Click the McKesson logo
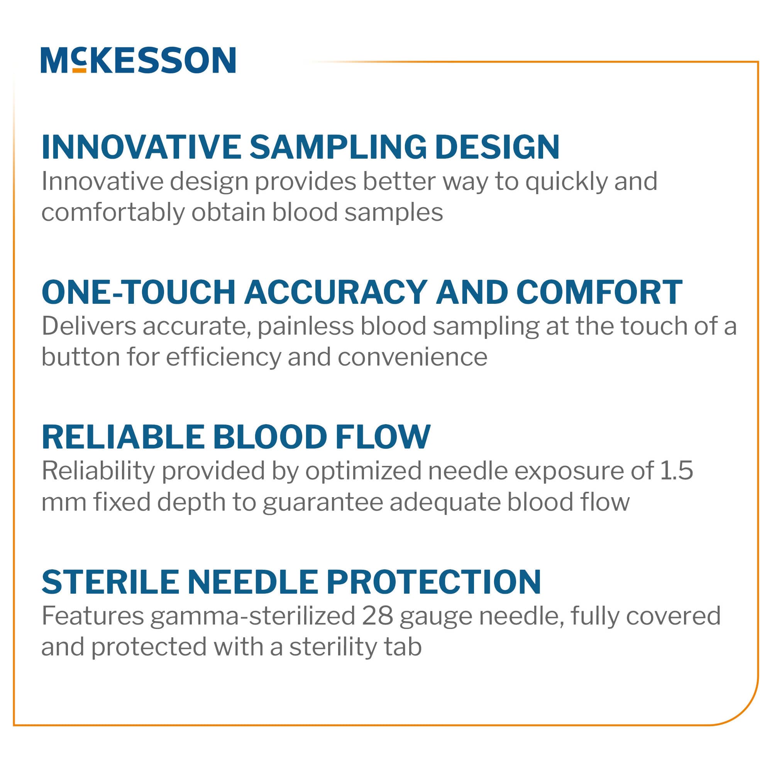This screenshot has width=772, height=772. [138, 60]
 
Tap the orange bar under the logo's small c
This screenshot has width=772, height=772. [79, 70]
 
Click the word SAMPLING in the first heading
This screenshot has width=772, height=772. [338, 147]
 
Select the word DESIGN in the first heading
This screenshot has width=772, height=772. [497, 147]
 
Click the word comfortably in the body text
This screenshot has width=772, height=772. [113, 213]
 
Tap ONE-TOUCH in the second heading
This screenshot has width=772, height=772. [138, 292]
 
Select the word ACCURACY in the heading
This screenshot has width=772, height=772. [336, 292]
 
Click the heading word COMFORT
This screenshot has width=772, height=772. [599, 292]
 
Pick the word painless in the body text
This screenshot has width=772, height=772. [305, 326]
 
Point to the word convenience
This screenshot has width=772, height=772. [412, 357]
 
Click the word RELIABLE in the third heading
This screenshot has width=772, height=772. [123, 437]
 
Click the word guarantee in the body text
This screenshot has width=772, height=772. [323, 502]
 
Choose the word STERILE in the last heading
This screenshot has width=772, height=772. [110, 582]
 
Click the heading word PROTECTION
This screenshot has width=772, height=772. [434, 582]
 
